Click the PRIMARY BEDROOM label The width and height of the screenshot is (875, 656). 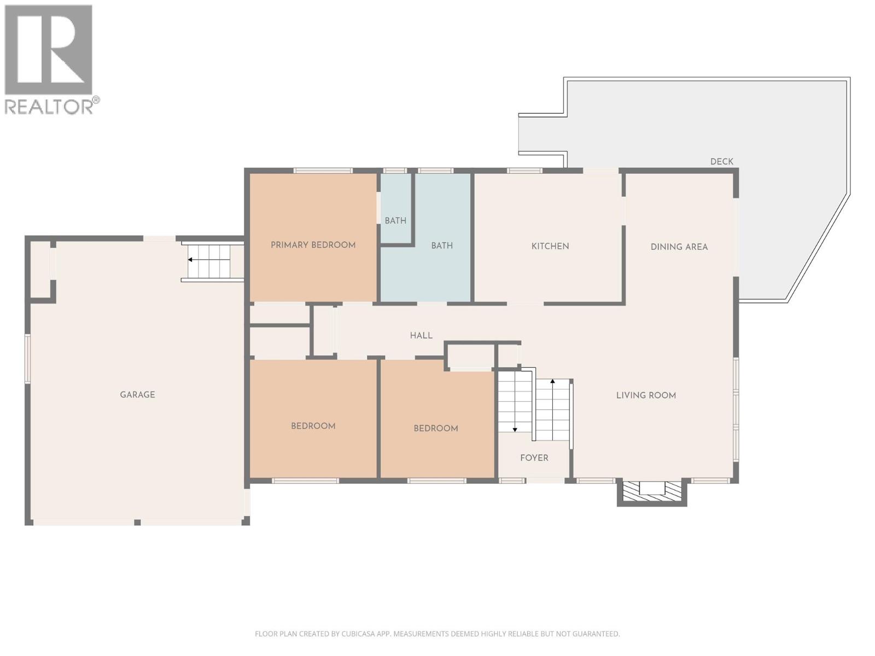(313, 245)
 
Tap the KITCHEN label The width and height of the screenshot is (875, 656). (550, 246)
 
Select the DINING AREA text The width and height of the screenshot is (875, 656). (679, 247)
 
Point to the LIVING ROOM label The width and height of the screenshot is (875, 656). (646, 395)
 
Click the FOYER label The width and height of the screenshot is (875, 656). (534, 458)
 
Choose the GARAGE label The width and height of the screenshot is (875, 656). (137, 395)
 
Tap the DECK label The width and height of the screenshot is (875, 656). (721, 161)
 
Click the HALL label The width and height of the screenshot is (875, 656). (421, 336)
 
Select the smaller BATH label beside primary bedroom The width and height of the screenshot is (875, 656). (395, 221)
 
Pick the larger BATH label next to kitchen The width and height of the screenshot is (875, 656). (442, 246)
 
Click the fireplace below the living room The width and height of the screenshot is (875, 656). (651, 489)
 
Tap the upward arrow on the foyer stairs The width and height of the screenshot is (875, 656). (552, 381)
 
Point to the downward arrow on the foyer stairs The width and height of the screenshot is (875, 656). (515, 430)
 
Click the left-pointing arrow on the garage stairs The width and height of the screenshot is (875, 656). (190, 260)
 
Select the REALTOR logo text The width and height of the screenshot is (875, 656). (52, 106)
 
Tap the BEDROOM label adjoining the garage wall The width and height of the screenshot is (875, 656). (313, 426)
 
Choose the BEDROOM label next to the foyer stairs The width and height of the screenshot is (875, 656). (435, 429)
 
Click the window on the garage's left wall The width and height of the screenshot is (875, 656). (27, 358)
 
